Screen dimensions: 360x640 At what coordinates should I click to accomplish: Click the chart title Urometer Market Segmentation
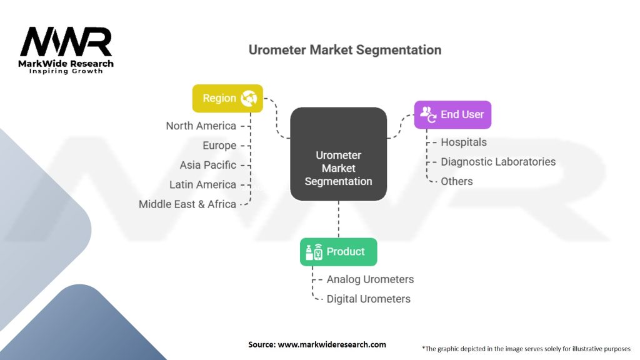344,50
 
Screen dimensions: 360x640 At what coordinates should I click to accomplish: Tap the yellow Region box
227,98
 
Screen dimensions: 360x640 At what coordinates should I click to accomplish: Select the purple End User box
452,114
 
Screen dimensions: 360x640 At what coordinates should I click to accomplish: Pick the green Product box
338,252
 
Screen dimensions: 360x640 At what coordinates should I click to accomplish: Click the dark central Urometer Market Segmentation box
338,154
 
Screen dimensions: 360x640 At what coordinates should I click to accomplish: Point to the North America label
201,126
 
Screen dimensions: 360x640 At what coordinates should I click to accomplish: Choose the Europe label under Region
219,146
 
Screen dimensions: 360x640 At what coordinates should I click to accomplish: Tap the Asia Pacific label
207,165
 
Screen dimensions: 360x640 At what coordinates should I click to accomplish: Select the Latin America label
202,184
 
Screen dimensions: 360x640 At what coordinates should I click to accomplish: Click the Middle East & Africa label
187,204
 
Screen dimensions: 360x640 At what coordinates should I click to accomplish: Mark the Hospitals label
463,142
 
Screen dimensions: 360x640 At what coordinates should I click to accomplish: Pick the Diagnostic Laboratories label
497,161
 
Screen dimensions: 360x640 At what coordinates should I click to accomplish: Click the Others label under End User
456,181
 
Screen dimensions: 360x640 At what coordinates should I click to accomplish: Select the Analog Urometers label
370,279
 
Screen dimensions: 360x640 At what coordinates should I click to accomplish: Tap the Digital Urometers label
368,299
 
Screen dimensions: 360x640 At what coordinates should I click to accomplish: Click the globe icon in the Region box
249,98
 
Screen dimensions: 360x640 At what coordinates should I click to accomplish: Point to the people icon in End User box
428,114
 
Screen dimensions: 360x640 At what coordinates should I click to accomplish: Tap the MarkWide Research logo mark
66,42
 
